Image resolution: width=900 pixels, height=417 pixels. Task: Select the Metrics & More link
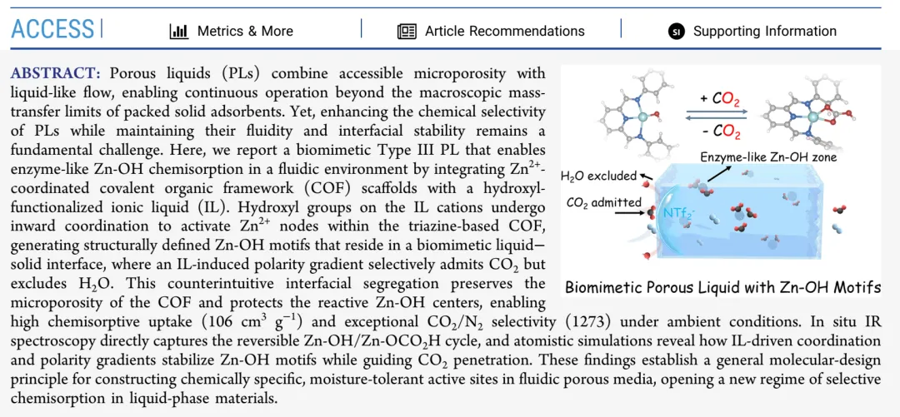(x=244, y=31)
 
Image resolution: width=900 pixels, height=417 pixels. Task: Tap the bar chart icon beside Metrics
(x=178, y=31)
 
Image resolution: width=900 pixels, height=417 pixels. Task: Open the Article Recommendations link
(x=504, y=31)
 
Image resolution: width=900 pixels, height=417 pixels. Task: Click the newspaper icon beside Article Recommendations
(x=407, y=31)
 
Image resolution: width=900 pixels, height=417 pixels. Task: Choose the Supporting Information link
(x=764, y=31)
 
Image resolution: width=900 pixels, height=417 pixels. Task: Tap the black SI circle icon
(x=676, y=31)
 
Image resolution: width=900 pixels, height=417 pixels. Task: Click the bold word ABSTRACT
(x=56, y=73)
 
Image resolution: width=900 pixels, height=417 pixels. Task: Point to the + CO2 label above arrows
(x=721, y=99)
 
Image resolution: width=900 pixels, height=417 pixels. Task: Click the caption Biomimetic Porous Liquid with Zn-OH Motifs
(x=722, y=288)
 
